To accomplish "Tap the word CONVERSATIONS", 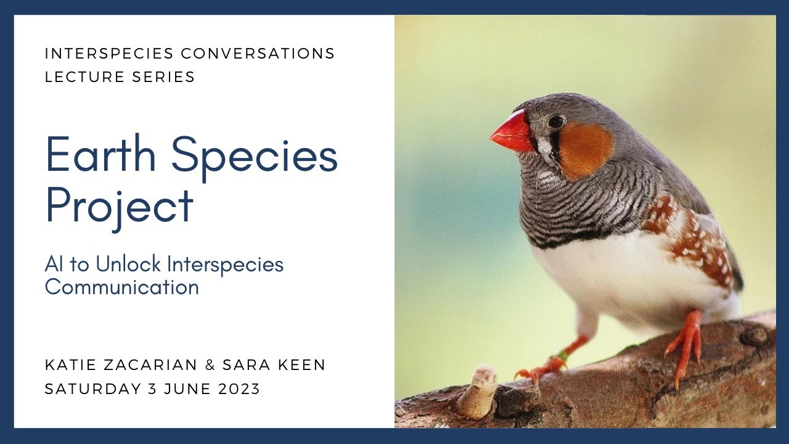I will (x=258, y=54).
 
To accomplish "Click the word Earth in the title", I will (x=101, y=155).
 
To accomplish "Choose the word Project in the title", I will (x=119, y=207).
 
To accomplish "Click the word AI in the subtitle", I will (x=52, y=264).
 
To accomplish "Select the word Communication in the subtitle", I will (x=121, y=287).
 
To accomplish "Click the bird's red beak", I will (x=513, y=131).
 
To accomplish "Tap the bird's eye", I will (x=555, y=121).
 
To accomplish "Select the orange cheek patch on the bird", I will (x=585, y=149).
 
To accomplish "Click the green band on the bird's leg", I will (x=562, y=356).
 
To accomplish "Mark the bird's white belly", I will (x=616, y=277).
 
